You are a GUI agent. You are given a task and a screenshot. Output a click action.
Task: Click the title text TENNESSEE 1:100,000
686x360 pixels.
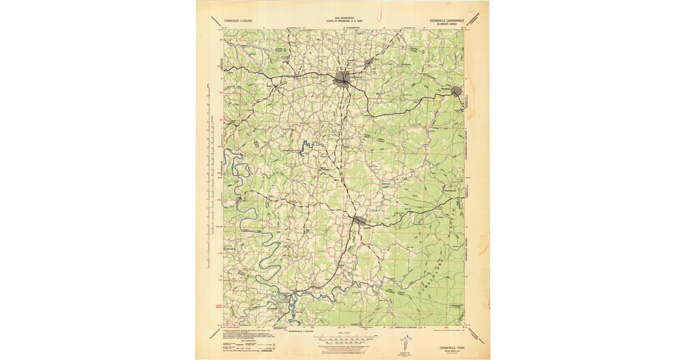tap(238, 21)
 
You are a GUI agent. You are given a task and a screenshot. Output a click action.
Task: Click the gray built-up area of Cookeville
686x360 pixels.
tap(342, 78)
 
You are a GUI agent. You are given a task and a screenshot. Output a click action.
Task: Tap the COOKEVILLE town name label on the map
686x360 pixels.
tap(356, 77)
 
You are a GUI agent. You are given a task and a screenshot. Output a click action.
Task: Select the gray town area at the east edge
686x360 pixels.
tap(456, 91)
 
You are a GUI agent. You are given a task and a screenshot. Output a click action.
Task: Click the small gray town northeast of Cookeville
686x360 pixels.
tap(369, 61)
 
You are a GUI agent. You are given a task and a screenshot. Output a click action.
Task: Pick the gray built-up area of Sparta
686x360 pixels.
tap(359, 220)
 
